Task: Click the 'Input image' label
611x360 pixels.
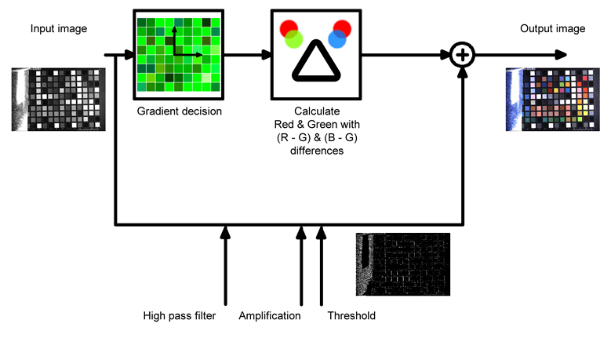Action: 59,29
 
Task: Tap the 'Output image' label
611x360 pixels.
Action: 552,29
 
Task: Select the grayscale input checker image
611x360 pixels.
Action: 59,98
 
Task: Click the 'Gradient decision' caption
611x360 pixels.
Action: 180,111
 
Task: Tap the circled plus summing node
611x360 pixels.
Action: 464,55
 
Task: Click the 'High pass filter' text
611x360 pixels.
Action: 180,316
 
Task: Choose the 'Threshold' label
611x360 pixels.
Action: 351,316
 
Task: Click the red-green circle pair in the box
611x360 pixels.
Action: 292,34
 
